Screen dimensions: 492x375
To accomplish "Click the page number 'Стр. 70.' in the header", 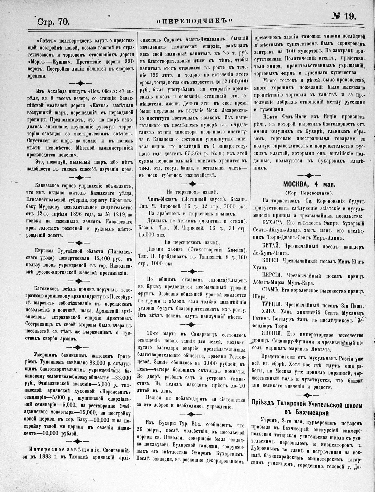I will [x=54, y=21].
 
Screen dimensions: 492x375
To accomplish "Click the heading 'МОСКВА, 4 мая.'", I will [x=309, y=184].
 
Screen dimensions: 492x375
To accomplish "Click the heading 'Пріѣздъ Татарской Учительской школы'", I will [x=311, y=404].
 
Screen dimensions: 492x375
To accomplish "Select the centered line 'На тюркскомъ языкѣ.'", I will [x=192, y=192].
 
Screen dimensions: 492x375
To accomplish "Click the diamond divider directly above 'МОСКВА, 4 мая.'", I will [x=308, y=175].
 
